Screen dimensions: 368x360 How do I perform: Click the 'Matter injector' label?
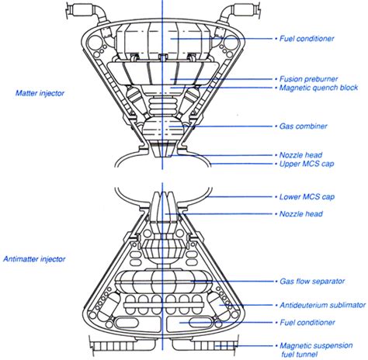(40, 93)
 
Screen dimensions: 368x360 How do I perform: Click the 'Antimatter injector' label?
(34, 259)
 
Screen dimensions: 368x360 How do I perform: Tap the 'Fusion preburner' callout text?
(309, 79)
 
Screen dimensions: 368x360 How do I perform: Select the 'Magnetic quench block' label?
(318, 88)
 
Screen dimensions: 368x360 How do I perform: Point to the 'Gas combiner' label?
(304, 126)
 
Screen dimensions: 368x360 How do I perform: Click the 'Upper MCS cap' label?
(307, 164)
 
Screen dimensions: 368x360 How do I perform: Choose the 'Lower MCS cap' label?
(307, 197)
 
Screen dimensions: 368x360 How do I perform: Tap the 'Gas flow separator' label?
(312, 281)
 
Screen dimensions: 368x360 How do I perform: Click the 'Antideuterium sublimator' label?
(323, 305)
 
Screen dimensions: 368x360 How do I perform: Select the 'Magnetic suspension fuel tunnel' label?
(316, 350)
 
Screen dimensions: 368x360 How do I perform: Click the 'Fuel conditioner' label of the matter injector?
(307, 39)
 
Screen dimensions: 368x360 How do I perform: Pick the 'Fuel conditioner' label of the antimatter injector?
(307, 323)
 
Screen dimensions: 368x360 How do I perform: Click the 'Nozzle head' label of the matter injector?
(300, 155)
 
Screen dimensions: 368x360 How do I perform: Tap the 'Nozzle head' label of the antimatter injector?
(301, 214)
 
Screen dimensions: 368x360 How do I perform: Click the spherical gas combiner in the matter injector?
(162, 127)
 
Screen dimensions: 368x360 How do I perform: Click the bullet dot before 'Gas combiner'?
(276, 126)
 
